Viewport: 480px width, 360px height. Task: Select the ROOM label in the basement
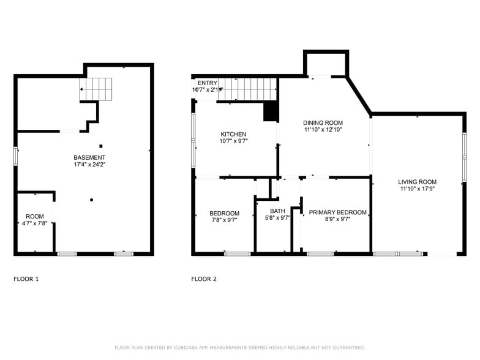coord(35,216)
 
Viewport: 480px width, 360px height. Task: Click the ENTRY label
coord(207,83)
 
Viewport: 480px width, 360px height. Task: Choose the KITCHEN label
coord(233,134)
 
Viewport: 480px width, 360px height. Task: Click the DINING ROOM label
coord(323,122)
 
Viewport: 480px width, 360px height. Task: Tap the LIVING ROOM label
coord(417,182)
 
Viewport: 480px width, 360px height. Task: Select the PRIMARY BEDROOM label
coord(337,212)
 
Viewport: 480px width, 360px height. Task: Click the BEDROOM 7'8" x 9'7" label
coord(225,213)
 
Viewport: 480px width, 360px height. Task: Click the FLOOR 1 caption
coord(26,279)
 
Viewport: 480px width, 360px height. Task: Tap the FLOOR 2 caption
coord(204,279)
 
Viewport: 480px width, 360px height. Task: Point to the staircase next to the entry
coord(248,89)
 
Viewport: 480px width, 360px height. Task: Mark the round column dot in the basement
coord(91,200)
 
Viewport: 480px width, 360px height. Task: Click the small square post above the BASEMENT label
coord(101,146)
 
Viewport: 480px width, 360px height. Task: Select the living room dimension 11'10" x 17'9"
coord(417,189)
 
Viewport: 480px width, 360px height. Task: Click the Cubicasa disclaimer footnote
coord(239,347)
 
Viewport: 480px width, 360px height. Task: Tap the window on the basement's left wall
coord(17,157)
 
